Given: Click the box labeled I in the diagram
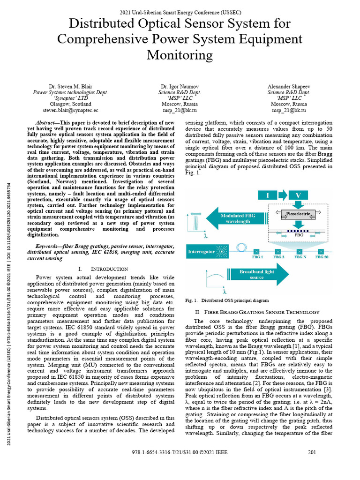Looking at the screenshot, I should tap(269, 195).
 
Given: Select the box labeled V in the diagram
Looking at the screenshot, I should tap(298, 195).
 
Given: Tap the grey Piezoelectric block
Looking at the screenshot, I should tap(298, 215).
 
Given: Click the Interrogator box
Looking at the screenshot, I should tap(201, 252).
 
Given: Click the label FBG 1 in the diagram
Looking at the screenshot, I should tap(258, 257).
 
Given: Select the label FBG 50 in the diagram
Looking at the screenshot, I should tap(322, 257).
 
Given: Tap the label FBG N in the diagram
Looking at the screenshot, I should tap(300, 257).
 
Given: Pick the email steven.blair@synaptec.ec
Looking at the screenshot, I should tap(70, 110).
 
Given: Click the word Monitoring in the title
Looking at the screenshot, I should tap(180, 55).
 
